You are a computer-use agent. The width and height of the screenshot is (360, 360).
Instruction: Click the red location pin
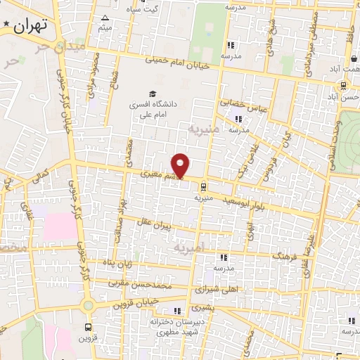point(181,165)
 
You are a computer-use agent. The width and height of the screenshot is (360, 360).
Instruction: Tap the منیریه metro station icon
point(203,187)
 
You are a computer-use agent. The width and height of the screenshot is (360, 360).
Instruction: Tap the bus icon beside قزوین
point(88,327)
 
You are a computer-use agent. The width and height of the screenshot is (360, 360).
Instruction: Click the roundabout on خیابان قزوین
point(87,306)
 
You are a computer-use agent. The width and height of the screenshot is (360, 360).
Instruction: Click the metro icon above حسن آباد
point(342,86)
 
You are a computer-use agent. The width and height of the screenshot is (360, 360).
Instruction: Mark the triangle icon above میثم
point(105,18)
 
